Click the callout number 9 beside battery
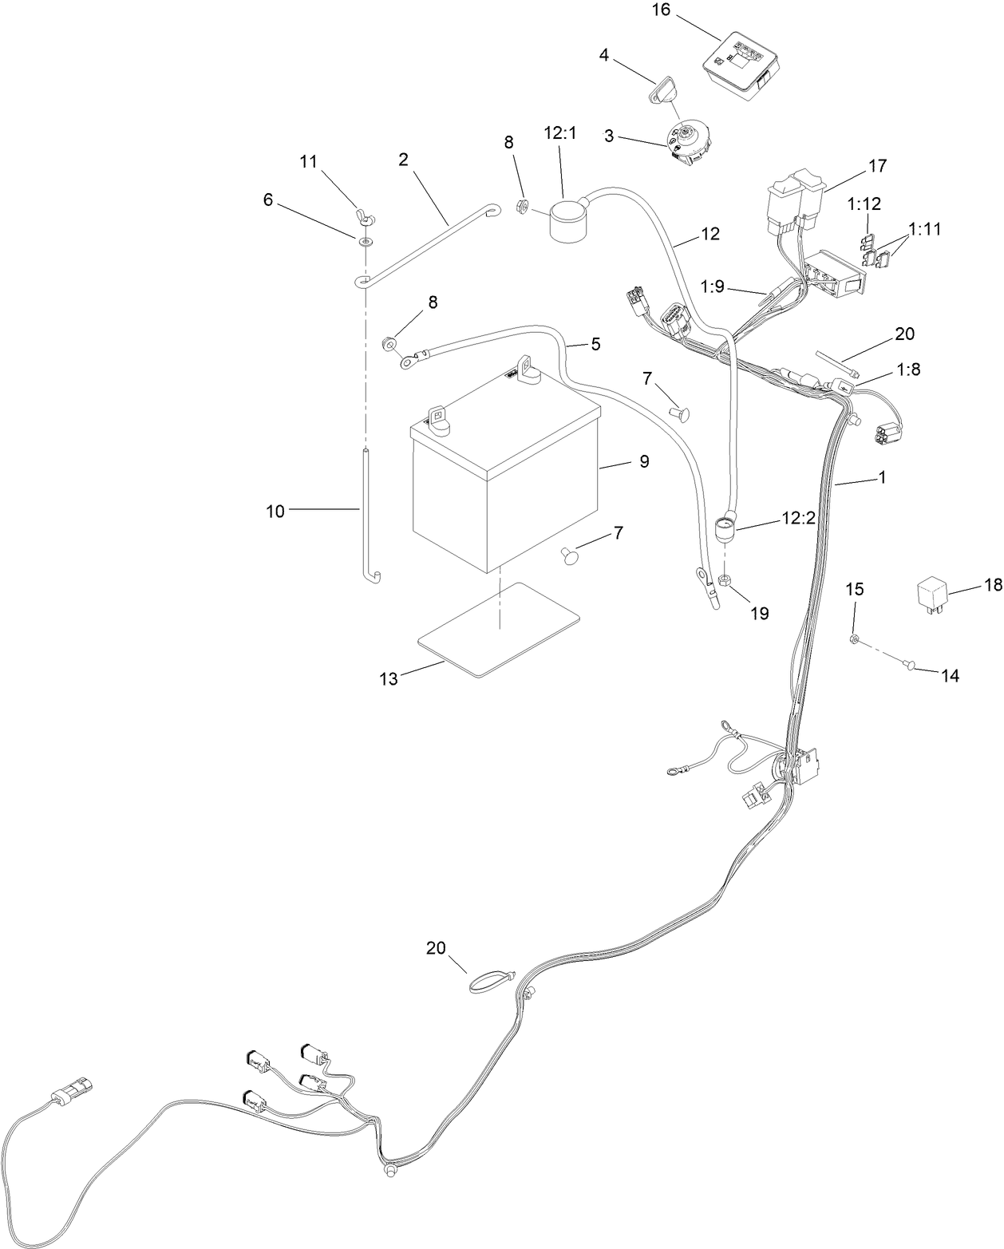pyautogui.click(x=643, y=461)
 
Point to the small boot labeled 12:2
pyautogui.click(x=725, y=530)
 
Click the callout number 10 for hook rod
pyautogui.click(x=275, y=512)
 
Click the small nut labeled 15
pyautogui.click(x=855, y=639)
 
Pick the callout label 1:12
pyautogui.click(x=865, y=204)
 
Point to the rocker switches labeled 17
pyautogui.click(x=798, y=200)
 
